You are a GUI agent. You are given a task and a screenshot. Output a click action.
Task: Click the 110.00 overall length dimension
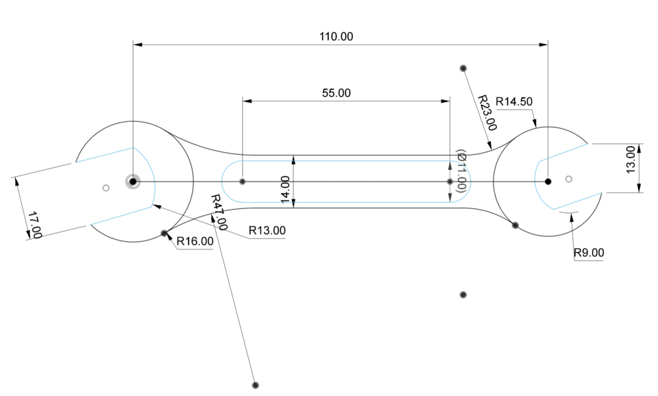tap(337, 36)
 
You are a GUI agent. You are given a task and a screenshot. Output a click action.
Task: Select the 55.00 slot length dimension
tap(336, 92)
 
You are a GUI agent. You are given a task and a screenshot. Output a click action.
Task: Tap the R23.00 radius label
tap(487, 112)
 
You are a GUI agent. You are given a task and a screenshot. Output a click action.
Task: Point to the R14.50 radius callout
tap(514, 101)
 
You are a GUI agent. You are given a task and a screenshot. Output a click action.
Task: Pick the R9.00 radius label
tap(589, 253)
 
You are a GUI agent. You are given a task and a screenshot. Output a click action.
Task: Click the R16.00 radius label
tap(195, 241)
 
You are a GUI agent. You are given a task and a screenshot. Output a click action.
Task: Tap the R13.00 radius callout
tap(267, 230)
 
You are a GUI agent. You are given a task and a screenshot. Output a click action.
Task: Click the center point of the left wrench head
tap(132, 182)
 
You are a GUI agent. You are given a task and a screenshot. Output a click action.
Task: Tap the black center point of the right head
tap(548, 182)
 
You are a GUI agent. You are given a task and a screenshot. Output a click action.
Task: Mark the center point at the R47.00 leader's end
tap(255, 385)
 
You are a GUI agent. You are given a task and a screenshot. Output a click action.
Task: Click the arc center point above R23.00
tap(463, 68)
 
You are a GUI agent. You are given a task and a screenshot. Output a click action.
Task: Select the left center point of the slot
tap(243, 182)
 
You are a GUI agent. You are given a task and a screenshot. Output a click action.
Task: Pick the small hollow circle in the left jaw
tap(106, 187)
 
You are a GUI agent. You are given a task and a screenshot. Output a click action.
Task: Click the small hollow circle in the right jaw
tap(568, 179)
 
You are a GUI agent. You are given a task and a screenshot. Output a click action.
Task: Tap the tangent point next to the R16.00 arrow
tap(164, 233)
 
